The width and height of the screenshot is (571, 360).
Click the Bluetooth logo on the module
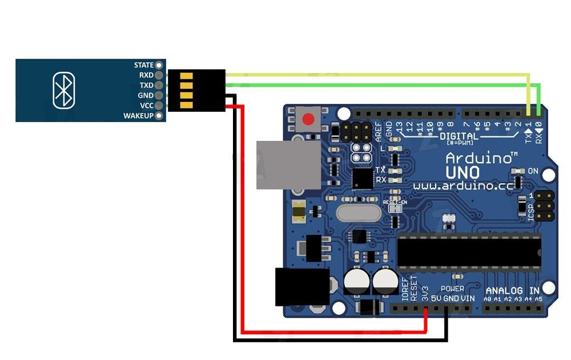coord(63,90)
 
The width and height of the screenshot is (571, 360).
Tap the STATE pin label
coord(144,65)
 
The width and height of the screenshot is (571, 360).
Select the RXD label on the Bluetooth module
coord(146,75)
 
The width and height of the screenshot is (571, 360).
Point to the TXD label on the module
coord(146,85)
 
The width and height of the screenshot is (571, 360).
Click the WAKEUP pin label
coord(138,116)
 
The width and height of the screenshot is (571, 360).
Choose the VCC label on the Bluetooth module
coord(147,106)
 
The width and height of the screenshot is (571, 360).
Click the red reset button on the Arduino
coord(308,120)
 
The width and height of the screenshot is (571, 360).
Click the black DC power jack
coord(301,286)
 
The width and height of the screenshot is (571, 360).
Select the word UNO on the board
coord(463,172)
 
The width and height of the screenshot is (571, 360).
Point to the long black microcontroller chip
coord(469,252)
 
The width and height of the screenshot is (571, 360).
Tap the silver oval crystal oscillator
coord(358,213)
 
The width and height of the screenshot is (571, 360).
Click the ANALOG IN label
coord(512,290)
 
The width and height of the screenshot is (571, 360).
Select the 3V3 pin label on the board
coord(425,294)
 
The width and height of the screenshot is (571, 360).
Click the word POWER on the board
coord(452,289)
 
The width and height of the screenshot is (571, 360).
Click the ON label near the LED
coord(533,171)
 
